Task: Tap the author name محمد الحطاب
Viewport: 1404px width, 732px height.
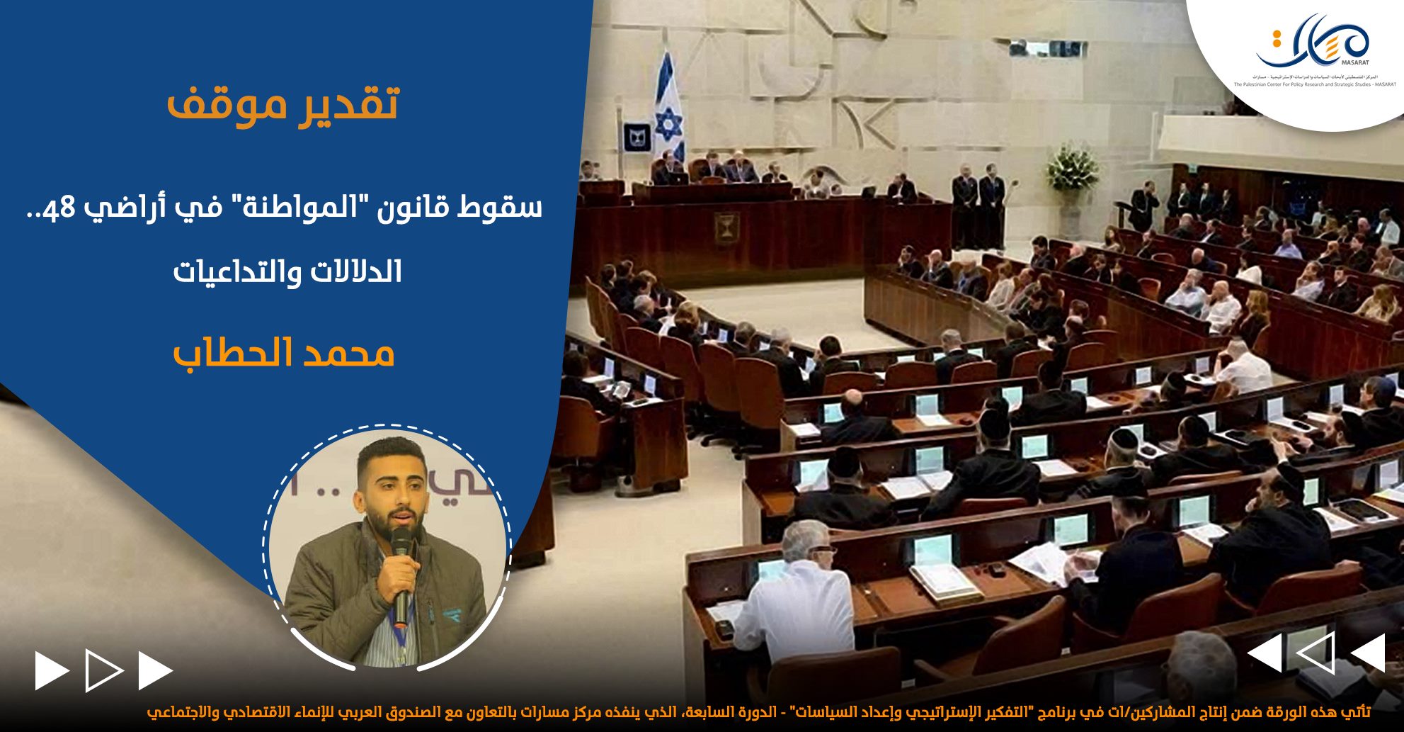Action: [283, 352]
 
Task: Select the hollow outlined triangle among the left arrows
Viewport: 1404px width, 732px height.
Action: [103, 670]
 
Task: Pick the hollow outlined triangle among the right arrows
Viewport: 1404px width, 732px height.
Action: [1315, 653]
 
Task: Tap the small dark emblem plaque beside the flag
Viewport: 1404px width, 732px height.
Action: [635, 137]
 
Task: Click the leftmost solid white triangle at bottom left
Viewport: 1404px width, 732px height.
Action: [51, 670]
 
